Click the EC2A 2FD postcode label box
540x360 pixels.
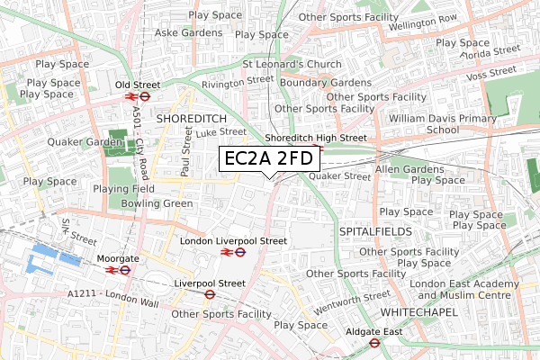(x=269, y=160)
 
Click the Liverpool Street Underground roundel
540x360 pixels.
(x=209, y=293)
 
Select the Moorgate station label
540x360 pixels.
(x=117, y=258)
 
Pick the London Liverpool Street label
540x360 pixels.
(x=233, y=241)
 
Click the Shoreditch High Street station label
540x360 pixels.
(x=317, y=138)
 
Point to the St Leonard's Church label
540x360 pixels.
(x=292, y=64)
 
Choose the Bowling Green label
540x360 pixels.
(x=158, y=203)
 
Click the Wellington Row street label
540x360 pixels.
(x=422, y=20)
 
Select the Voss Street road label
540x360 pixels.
(x=491, y=70)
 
